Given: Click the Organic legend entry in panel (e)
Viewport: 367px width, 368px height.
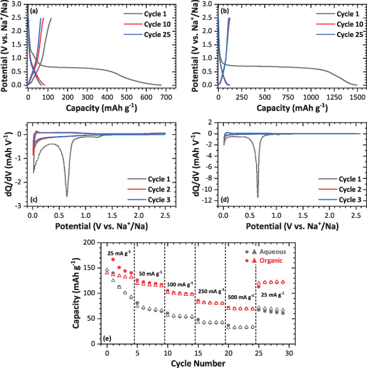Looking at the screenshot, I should click(270, 243).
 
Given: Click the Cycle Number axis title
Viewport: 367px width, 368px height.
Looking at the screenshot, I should click(198, 363).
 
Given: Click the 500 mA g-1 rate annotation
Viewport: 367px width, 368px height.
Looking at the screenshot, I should click(240, 297).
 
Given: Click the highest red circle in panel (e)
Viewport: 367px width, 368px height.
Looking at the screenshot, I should click(113, 241).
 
